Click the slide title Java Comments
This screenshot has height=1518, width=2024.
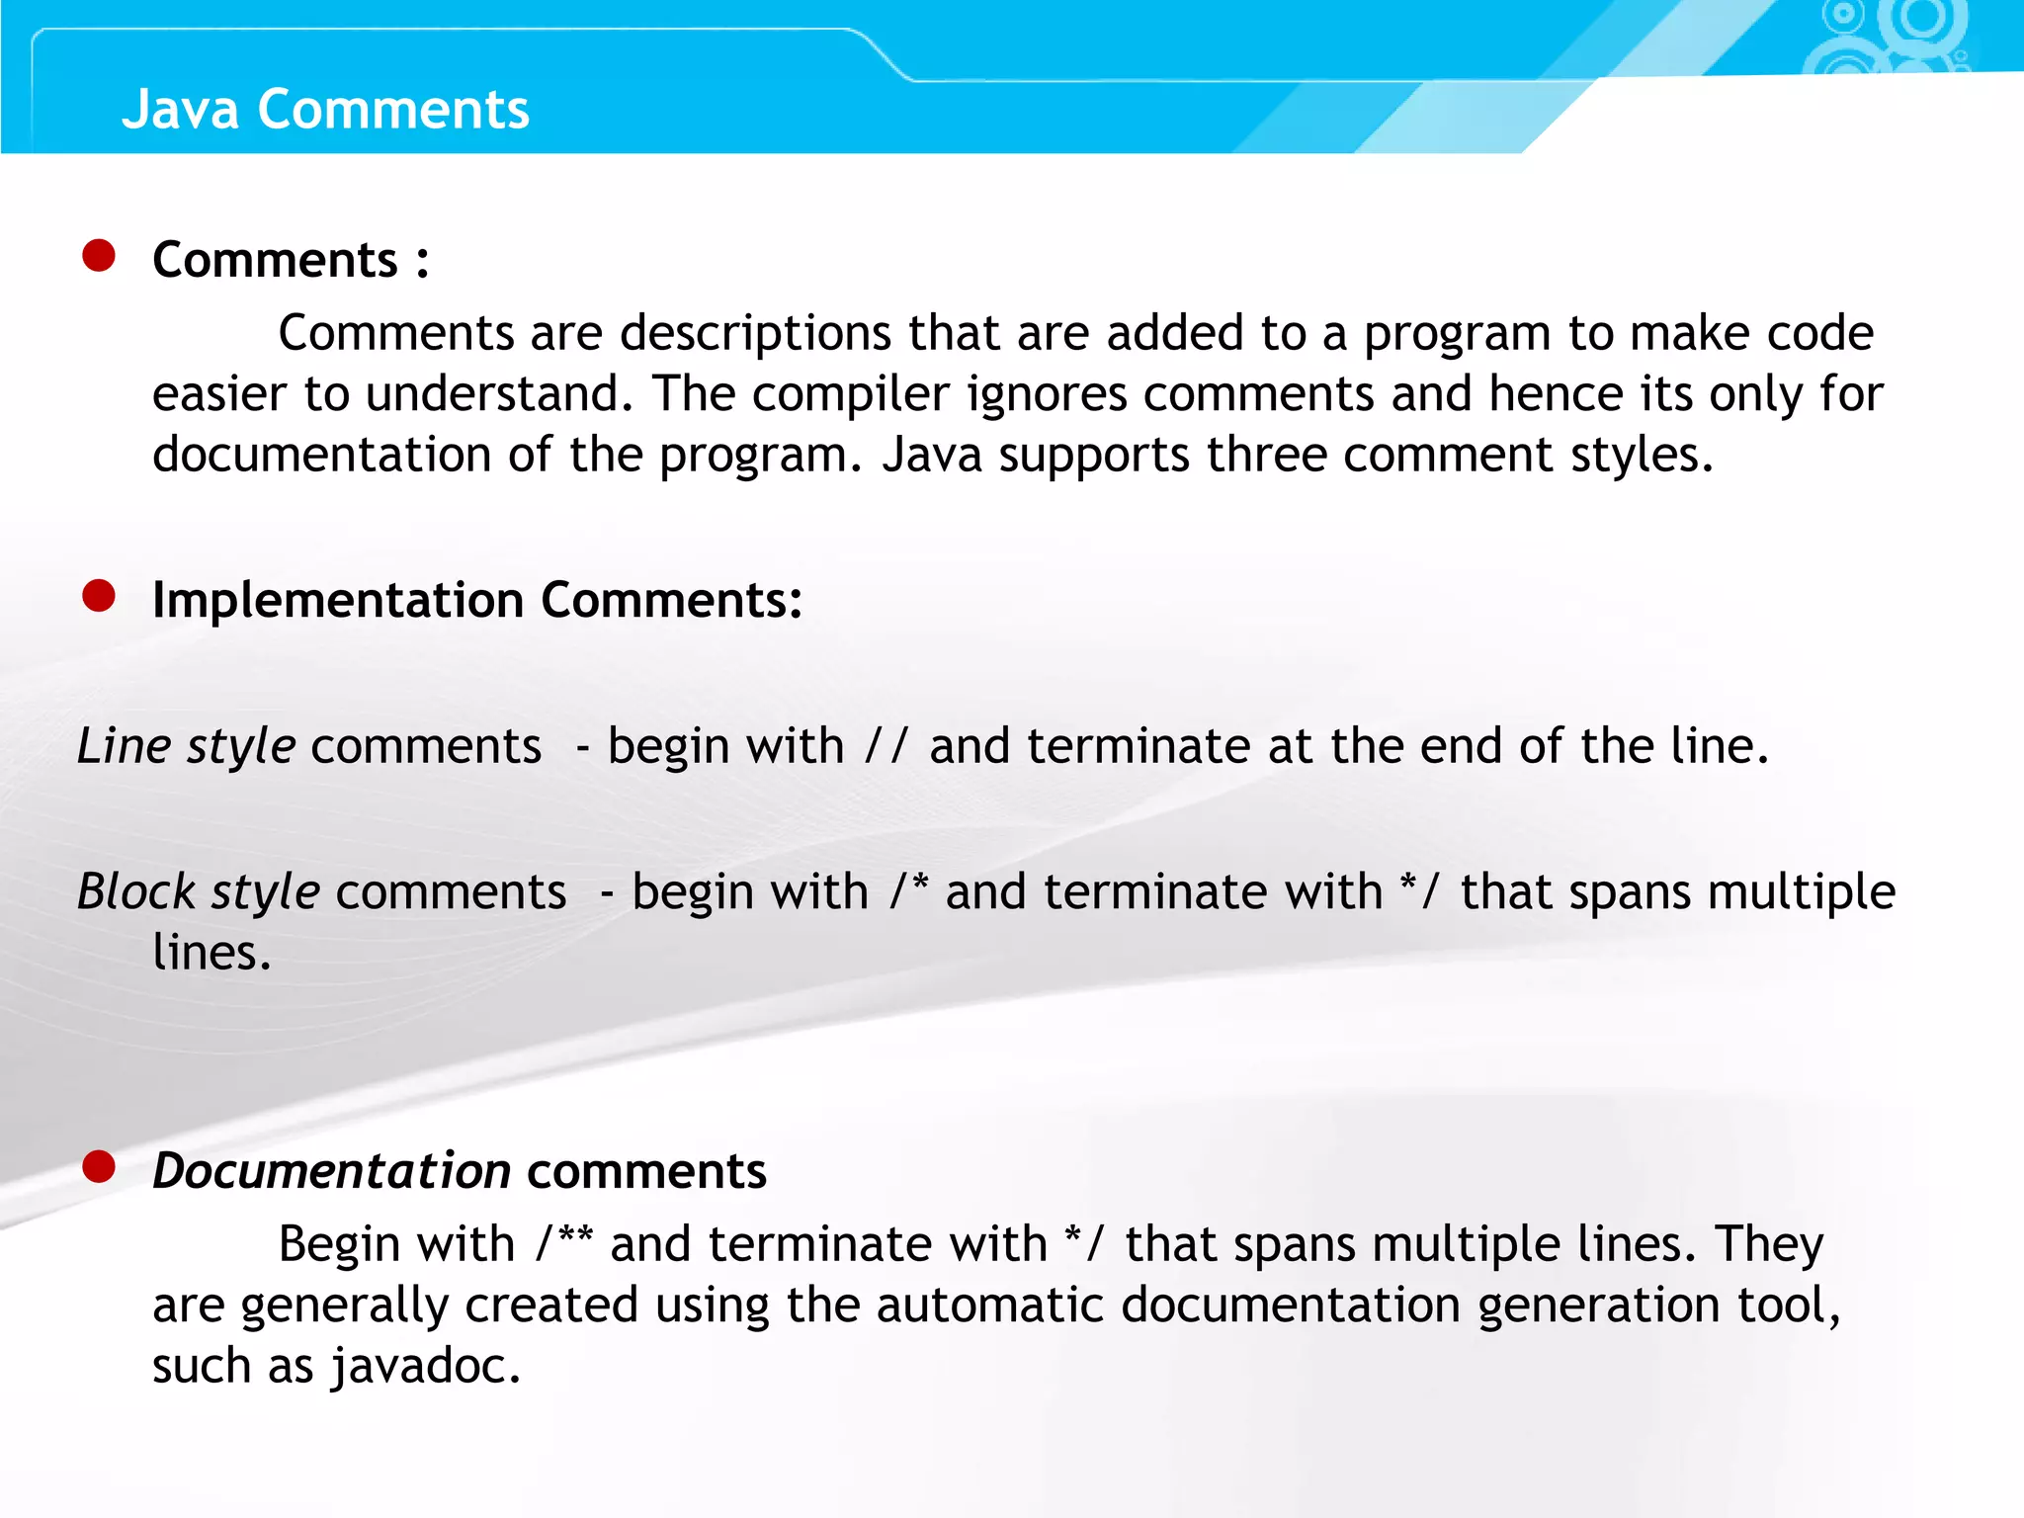(x=325, y=109)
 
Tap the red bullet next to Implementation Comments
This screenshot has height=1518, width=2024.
(x=99, y=596)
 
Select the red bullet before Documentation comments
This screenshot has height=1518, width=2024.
(x=99, y=1166)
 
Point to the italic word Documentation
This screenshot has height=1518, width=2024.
(x=331, y=1171)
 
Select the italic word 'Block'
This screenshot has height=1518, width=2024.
(x=136, y=891)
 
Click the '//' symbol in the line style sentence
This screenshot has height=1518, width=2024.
(x=885, y=745)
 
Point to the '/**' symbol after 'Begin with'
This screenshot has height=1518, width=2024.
(x=563, y=1242)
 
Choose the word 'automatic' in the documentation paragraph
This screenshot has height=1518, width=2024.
(x=989, y=1305)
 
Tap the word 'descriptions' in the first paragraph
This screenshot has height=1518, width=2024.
(x=755, y=333)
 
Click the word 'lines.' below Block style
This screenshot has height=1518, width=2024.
(x=211, y=953)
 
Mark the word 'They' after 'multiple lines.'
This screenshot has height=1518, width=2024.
(x=1769, y=1243)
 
